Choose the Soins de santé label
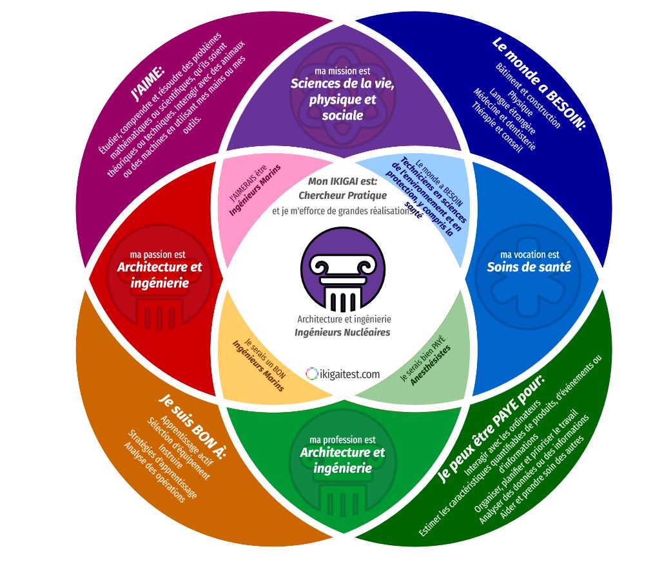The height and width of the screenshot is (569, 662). tap(529, 267)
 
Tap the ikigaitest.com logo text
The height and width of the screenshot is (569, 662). tap(344, 373)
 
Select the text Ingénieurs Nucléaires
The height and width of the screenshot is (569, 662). tap(342, 333)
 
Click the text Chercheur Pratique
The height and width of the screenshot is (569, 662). tap(342, 195)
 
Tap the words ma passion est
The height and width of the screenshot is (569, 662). tap(157, 254)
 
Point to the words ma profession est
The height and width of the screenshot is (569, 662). tap(342, 439)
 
